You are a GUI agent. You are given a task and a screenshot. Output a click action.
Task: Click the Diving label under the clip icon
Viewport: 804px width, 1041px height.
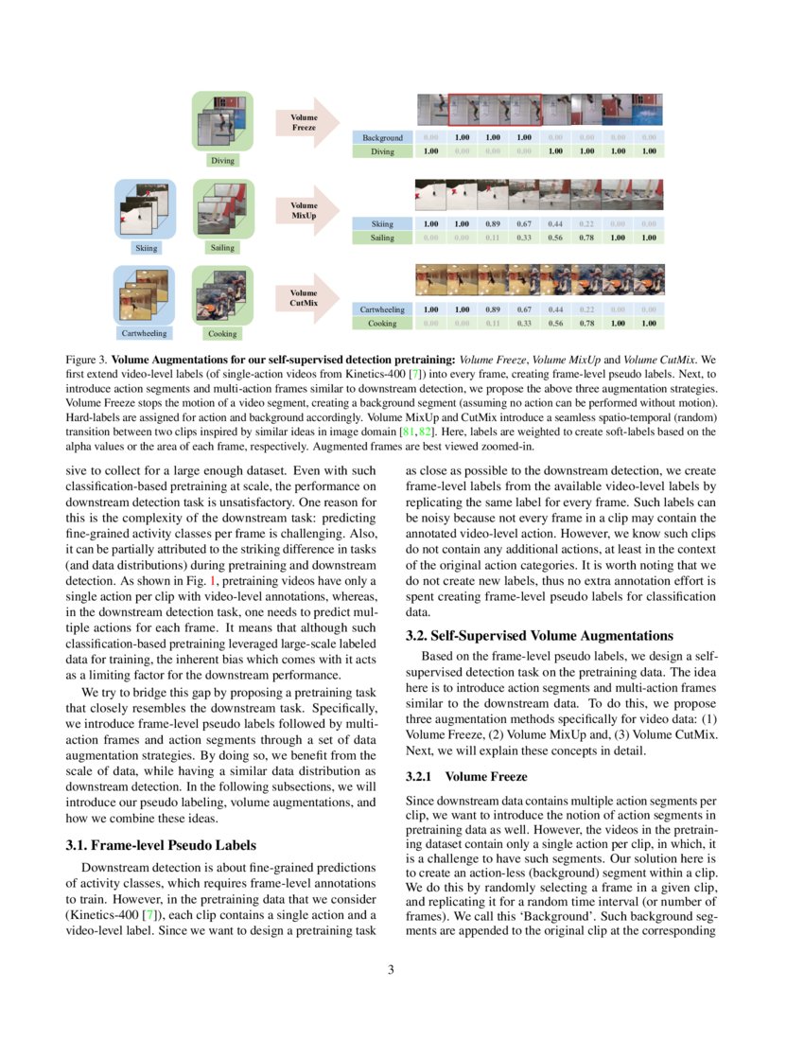[222, 161]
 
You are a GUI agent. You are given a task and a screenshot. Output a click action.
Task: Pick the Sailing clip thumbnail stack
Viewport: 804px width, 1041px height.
[222, 208]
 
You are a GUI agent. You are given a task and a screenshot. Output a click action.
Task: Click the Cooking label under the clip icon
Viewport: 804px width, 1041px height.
[222, 333]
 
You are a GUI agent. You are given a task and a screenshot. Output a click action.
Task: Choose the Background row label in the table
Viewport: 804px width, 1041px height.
[382, 137]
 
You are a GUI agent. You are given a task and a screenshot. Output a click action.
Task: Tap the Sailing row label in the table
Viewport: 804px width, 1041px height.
[382, 238]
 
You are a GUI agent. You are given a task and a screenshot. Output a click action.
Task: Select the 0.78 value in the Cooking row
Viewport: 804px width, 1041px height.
[586, 324]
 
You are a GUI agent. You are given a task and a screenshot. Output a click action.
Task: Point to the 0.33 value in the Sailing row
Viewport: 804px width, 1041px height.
[523, 238]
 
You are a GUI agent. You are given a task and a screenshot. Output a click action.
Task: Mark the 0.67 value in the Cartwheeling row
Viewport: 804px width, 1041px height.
[523, 309]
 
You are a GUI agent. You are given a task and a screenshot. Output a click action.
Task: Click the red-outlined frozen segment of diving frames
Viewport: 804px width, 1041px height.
[494, 109]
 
